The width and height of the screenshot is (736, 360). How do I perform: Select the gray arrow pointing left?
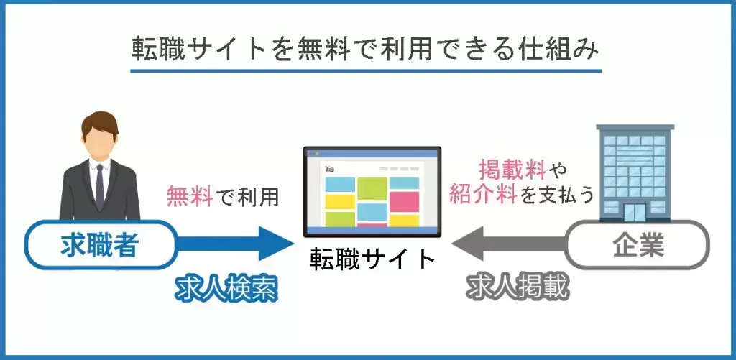click(510, 244)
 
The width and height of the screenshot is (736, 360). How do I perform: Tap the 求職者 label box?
click(100, 244)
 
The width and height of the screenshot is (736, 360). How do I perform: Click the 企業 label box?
click(638, 244)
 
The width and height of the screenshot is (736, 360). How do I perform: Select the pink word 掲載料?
click(512, 171)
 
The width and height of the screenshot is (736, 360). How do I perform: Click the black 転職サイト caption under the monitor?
click(373, 259)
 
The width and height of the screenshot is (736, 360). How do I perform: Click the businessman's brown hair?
click(99, 122)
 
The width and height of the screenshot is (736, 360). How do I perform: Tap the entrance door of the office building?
click(634, 213)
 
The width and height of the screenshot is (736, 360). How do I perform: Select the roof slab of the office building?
click(635, 126)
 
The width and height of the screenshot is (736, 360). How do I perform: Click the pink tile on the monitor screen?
click(404, 201)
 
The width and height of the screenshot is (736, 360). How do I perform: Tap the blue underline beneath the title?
click(366, 71)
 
